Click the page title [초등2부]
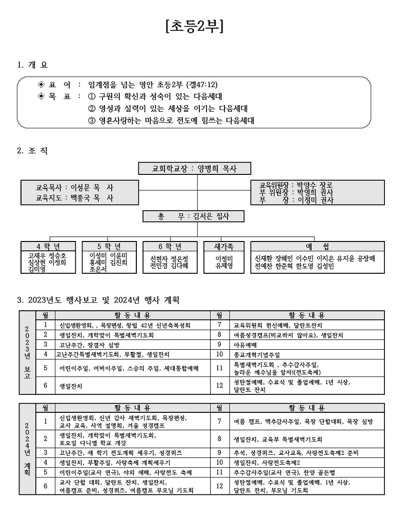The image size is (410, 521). (195, 27)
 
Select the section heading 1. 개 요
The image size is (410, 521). (33, 65)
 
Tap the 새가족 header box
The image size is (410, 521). (224, 247)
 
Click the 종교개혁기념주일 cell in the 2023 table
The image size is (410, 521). (257, 354)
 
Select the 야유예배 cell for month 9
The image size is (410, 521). (245, 345)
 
